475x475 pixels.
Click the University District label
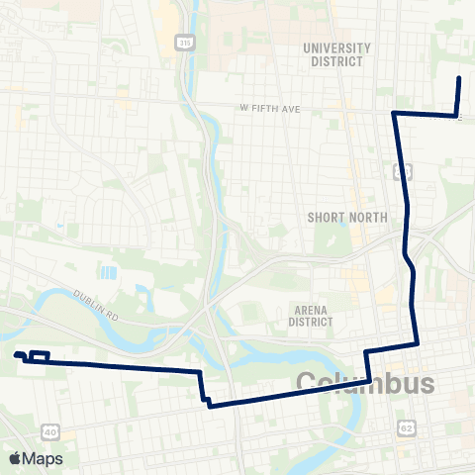(x=337, y=54)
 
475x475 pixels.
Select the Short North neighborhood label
(x=337, y=218)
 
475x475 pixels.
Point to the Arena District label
(x=313, y=316)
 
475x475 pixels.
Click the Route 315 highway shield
(x=185, y=43)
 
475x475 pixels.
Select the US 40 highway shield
(x=50, y=431)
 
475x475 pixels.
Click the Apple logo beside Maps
(x=15, y=458)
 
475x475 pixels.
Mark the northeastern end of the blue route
(x=459, y=78)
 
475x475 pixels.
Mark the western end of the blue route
(x=16, y=354)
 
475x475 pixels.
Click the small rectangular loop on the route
(x=41, y=356)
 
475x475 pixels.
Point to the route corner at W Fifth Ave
(x=394, y=114)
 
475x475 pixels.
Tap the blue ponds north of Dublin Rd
(x=107, y=272)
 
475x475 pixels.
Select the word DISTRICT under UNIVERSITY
(x=337, y=61)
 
